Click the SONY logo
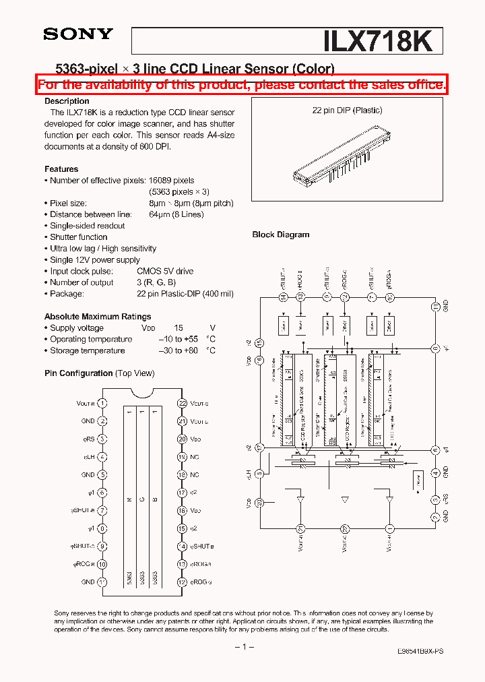[78, 34]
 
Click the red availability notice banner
[242, 84]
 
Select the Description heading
[67, 101]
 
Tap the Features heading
[61, 169]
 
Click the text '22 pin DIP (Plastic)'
[346, 111]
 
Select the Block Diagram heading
[280, 235]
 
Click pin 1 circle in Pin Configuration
[102, 403]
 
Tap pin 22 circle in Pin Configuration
[182, 403]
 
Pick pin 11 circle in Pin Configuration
[102, 582]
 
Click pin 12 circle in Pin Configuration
[182, 582]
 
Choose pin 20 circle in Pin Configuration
[182, 439]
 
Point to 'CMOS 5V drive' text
[165, 271]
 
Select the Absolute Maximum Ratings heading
[98, 316]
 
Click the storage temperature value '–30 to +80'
[179, 350]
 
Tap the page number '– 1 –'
[243, 647]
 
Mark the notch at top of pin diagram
[142, 393]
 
